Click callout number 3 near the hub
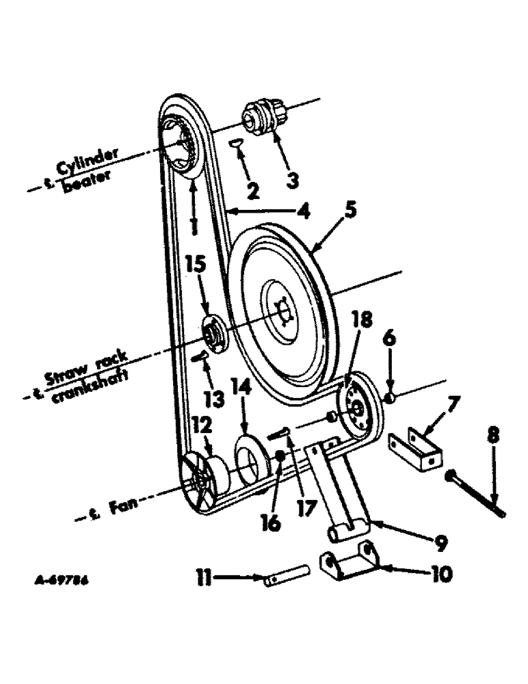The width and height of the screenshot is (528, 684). pyautogui.click(x=291, y=181)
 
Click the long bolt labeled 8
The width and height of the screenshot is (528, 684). pyautogui.click(x=476, y=493)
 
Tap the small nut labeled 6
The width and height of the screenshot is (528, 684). pyautogui.click(x=388, y=399)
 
